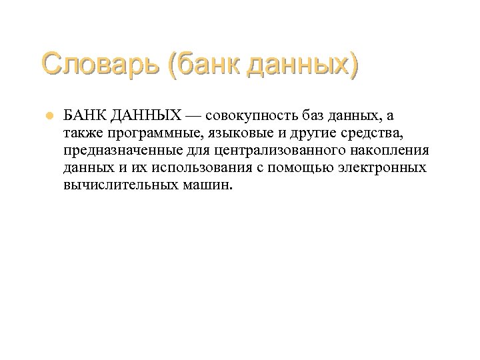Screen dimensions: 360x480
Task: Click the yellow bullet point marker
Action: [49, 116]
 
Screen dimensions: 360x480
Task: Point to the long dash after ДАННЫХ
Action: [195, 115]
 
